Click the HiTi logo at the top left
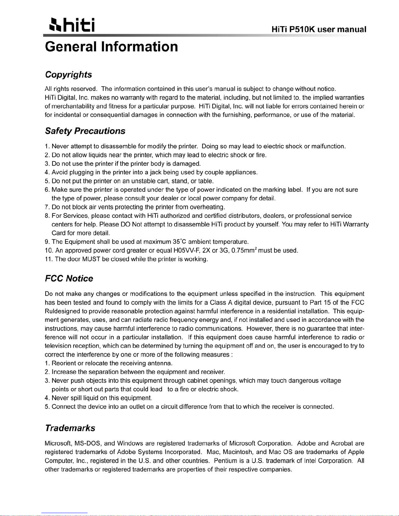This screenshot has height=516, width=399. pyautogui.click(x=70, y=25)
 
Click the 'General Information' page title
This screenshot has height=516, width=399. pyautogui.click(x=111, y=47)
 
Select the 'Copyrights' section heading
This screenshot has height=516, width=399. pyautogui.click(x=68, y=75)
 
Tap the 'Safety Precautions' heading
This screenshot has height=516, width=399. pyautogui.click(x=85, y=131)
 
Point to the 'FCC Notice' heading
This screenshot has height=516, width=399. pyautogui.click(x=69, y=278)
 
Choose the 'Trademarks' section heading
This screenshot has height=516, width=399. pyautogui.click(x=70, y=428)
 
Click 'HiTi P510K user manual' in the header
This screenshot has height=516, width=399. pyautogui.click(x=319, y=30)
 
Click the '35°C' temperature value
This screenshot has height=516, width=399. pyautogui.click(x=179, y=242)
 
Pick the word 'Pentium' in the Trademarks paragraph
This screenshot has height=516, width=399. pyautogui.click(x=225, y=461)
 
